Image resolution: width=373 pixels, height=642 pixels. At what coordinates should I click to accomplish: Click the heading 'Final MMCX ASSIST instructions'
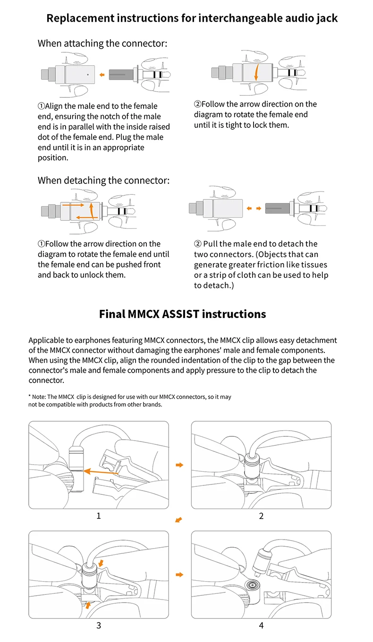point(182,314)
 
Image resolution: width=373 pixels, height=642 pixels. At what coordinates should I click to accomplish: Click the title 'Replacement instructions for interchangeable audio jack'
point(192,18)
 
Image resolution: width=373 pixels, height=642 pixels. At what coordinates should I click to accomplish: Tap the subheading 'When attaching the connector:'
point(102,44)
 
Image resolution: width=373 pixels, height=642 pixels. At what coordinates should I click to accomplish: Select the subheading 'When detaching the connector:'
point(103,180)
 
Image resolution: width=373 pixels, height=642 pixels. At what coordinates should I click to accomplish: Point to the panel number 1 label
point(99,516)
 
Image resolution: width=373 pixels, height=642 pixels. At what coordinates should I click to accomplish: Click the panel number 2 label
point(261,516)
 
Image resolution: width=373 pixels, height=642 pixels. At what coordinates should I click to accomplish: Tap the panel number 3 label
point(99,625)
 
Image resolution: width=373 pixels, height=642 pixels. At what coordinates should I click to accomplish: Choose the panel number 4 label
point(261,625)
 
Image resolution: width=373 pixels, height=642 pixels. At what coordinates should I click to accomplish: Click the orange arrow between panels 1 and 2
point(179,465)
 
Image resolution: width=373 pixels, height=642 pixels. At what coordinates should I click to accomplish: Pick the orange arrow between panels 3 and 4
point(179,575)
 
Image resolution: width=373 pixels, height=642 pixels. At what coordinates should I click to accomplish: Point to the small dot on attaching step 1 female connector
point(88,74)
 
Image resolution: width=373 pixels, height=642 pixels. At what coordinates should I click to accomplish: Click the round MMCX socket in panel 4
point(252,585)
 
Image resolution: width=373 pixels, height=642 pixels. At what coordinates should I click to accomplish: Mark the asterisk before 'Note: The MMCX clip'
point(30,397)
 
